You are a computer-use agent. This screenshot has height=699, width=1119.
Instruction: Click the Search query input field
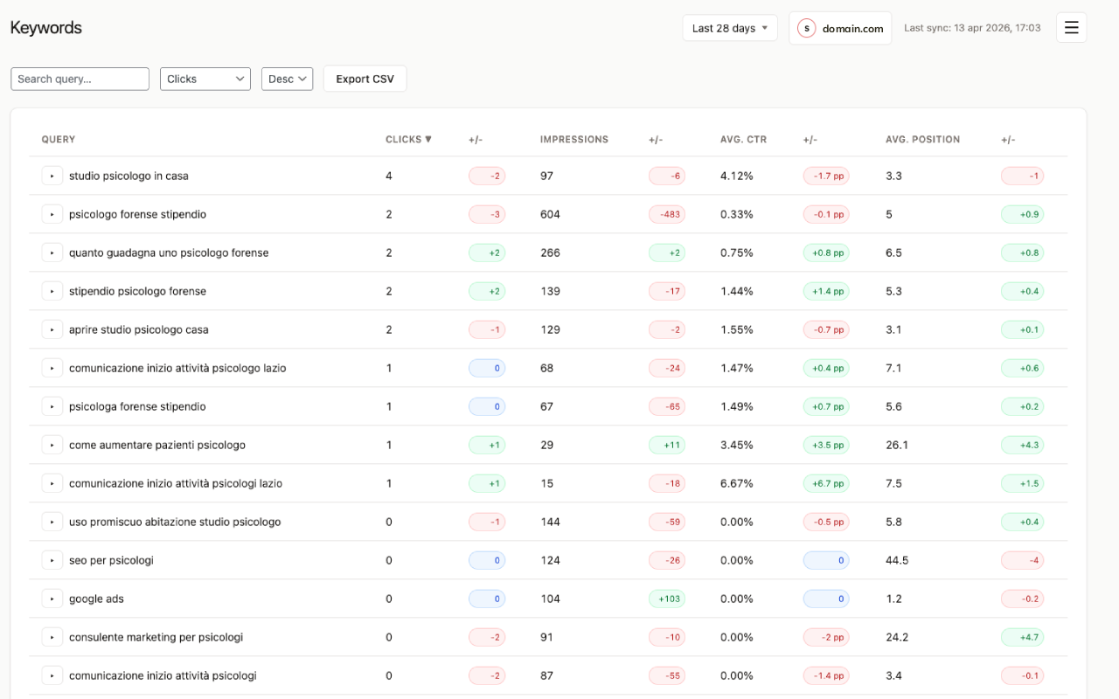pos(80,79)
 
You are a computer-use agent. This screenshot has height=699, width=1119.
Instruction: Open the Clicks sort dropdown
pos(205,79)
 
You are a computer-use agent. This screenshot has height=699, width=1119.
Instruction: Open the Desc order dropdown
pos(287,79)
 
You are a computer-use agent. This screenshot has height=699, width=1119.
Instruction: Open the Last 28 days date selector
pos(729,28)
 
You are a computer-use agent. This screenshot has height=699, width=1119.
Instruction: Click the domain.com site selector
pos(840,28)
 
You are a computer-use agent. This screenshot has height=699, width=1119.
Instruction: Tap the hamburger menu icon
pos(1071,28)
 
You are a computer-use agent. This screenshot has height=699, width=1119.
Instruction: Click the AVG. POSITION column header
pos(922,139)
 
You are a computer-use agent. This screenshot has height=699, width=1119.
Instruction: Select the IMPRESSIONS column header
pos(573,139)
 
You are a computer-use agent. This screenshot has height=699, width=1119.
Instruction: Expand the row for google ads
pos(52,599)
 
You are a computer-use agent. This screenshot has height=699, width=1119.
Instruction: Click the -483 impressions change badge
pos(667,214)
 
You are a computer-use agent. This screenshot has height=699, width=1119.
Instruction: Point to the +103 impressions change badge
pos(667,599)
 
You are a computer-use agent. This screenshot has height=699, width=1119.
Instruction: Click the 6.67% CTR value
pos(737,483)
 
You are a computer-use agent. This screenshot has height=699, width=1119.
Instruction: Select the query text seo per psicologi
pos(111,560)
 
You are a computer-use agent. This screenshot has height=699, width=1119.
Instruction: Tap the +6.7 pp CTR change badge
pos(826,483)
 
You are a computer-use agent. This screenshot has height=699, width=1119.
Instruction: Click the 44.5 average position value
pos(897,560)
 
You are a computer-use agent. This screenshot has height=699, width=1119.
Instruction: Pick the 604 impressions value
pos(550,214)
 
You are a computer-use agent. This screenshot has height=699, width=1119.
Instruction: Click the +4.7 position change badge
pos(1022,637)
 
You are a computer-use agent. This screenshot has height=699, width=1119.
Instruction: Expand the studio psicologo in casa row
pos(52,176)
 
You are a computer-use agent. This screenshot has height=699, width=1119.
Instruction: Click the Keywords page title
pos(45,28)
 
